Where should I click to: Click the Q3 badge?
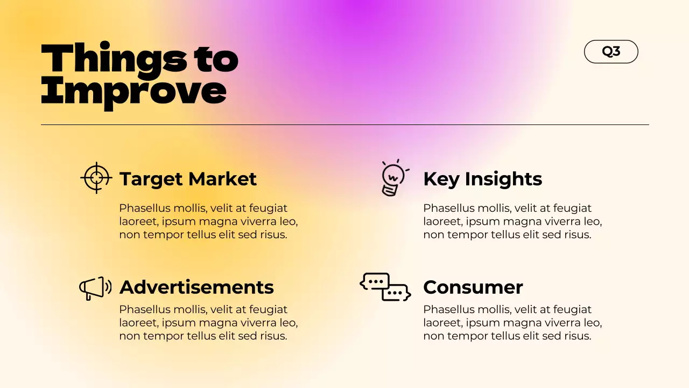click(611, 52)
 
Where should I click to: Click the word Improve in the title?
click(133, 91)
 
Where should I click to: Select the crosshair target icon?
click(96, 177)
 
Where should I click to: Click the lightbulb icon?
click(393, 178)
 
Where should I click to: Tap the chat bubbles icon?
click(385, 287)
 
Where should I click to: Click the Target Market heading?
click(188, 179)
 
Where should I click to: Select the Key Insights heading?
click(482, 179)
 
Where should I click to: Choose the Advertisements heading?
click(196, 287)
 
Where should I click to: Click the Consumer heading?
click(473, 287)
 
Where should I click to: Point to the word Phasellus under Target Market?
click(143, 209)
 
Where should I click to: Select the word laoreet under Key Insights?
click(442, 221)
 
